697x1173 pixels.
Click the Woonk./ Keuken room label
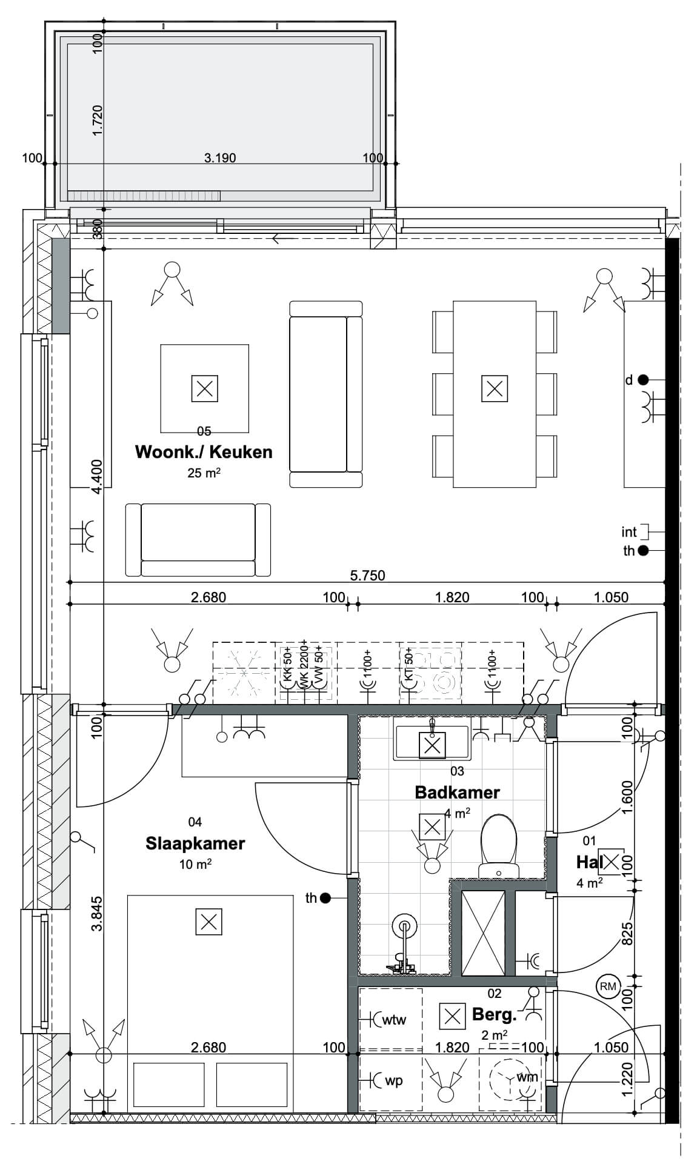pyautogui.click(x=204, y=452)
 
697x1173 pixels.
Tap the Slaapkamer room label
pyautogui.click(x=195, y=843)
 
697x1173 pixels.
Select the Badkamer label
pyautogui.click(x=457, y=792)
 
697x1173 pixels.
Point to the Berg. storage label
pyautogui.click(x=494, y=1014)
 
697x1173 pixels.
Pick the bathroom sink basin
pyautogui.click(x=432, y=743)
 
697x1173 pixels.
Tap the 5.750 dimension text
pyautogui.click(x=368, y=576)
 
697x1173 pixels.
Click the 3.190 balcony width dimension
pyautogui.click(x=220, y=158)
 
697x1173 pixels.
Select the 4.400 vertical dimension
pyautogui.click(x=98, y=477)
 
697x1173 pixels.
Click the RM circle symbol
pyautogui.click(x=607, y=986)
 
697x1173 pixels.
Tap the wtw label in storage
pyautogui.click(x=394, y=1020)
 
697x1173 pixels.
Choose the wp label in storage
pyautogui.click(x=393, y=1081)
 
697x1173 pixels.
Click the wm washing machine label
pyautogui.click(x=526, y=1077)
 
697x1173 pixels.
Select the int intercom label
pyautogui.click(x=629, y=532)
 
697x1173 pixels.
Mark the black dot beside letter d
pyautogui.click(x=643, y=380)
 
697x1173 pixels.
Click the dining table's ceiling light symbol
pyautogui.click(x=495, y=388)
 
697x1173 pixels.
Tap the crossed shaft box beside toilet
pyautogui.click(x=483, y=933)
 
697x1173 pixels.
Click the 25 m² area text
pyautogui.click(x=204, y=473)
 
